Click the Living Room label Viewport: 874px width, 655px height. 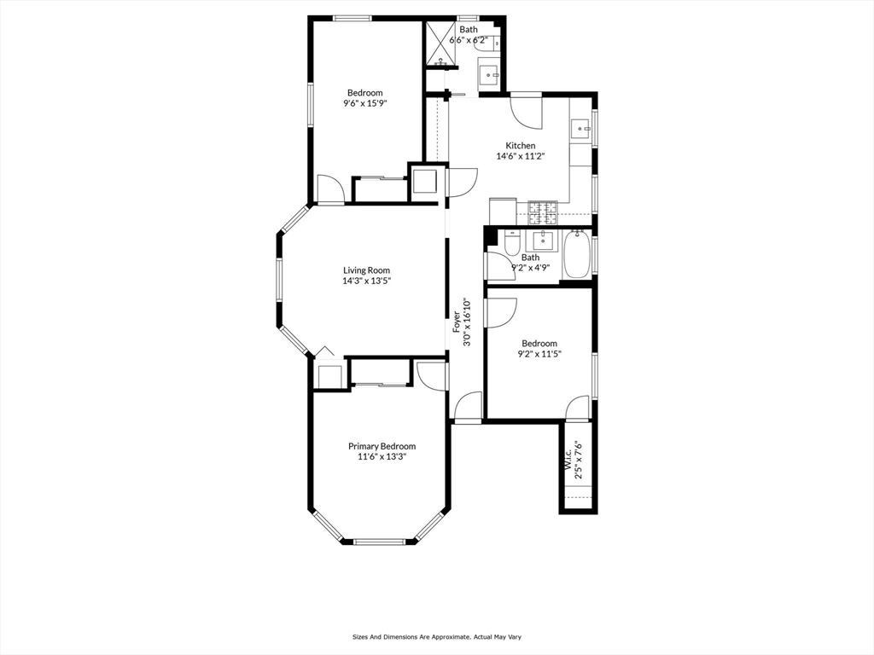tap(366, 270)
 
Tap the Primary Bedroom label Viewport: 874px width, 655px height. tap(382, 447)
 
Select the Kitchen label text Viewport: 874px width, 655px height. tap(520, 146)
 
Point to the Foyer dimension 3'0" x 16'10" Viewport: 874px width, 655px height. tap(467, 322)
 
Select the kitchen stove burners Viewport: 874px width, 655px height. tap(542, 212)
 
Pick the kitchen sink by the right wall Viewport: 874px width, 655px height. tap(580, 129)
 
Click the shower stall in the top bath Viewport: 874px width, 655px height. tap(442, 43)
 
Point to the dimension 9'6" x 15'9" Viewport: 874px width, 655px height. tap(365, 103)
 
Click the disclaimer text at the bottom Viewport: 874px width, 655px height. tap(436, 636)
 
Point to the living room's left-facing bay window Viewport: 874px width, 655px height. tap(280, 279)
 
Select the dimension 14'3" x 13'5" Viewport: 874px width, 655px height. tap(366, 281)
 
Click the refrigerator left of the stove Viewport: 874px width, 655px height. tap(503, 212)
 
